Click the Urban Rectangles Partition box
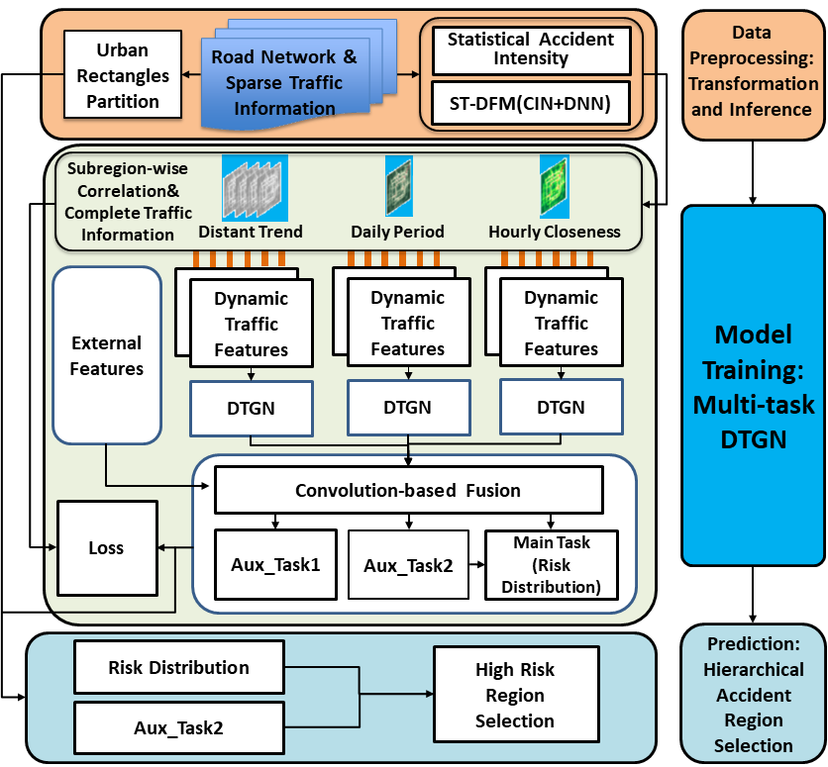point(122,74)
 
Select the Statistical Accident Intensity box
point(531,49)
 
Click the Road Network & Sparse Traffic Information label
point(284,83)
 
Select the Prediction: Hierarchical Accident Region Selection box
point(753,694)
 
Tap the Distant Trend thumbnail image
point(254,188)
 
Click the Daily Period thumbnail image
point(398,186)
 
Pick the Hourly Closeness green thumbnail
point(554,186)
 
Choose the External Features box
point(107,355)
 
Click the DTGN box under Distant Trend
point(251,407)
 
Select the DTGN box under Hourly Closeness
point(561,407)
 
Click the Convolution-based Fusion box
point(408,490)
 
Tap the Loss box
point(107,548)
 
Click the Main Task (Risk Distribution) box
point(551,565)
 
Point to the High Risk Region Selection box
point(515,695)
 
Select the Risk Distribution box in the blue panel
point(178,668)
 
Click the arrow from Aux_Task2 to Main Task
point(475,565)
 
